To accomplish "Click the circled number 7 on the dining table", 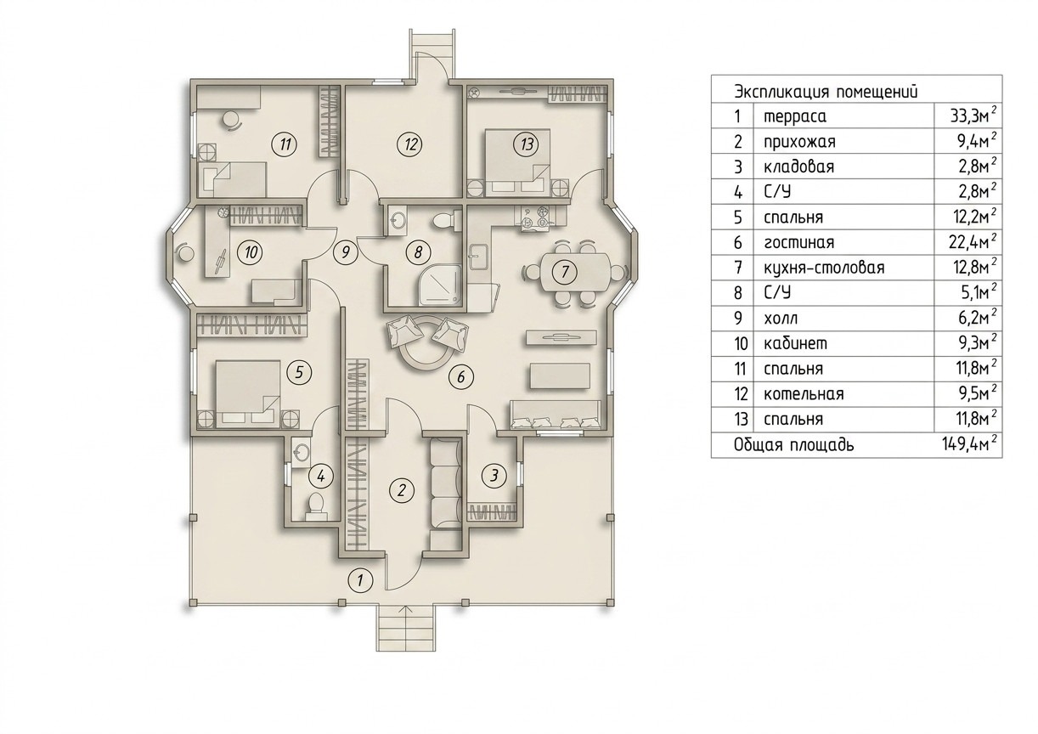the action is (x=564, y=271).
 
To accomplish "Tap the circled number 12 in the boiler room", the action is (x=410, y=144).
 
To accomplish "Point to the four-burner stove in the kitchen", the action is (x=534, y=217).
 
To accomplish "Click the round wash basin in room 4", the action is (x=302, y=451).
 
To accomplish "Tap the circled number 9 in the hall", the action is (x=345, y=252).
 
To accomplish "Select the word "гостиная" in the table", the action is (x=799, y=242).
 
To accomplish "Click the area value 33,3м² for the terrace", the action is (x=973, y=116).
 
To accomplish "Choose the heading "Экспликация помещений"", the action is (x=826, y=92).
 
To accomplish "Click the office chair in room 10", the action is (x=185, y=253).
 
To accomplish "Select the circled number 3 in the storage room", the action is (x=494, y=476).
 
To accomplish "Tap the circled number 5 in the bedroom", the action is (x=299, y=372).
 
